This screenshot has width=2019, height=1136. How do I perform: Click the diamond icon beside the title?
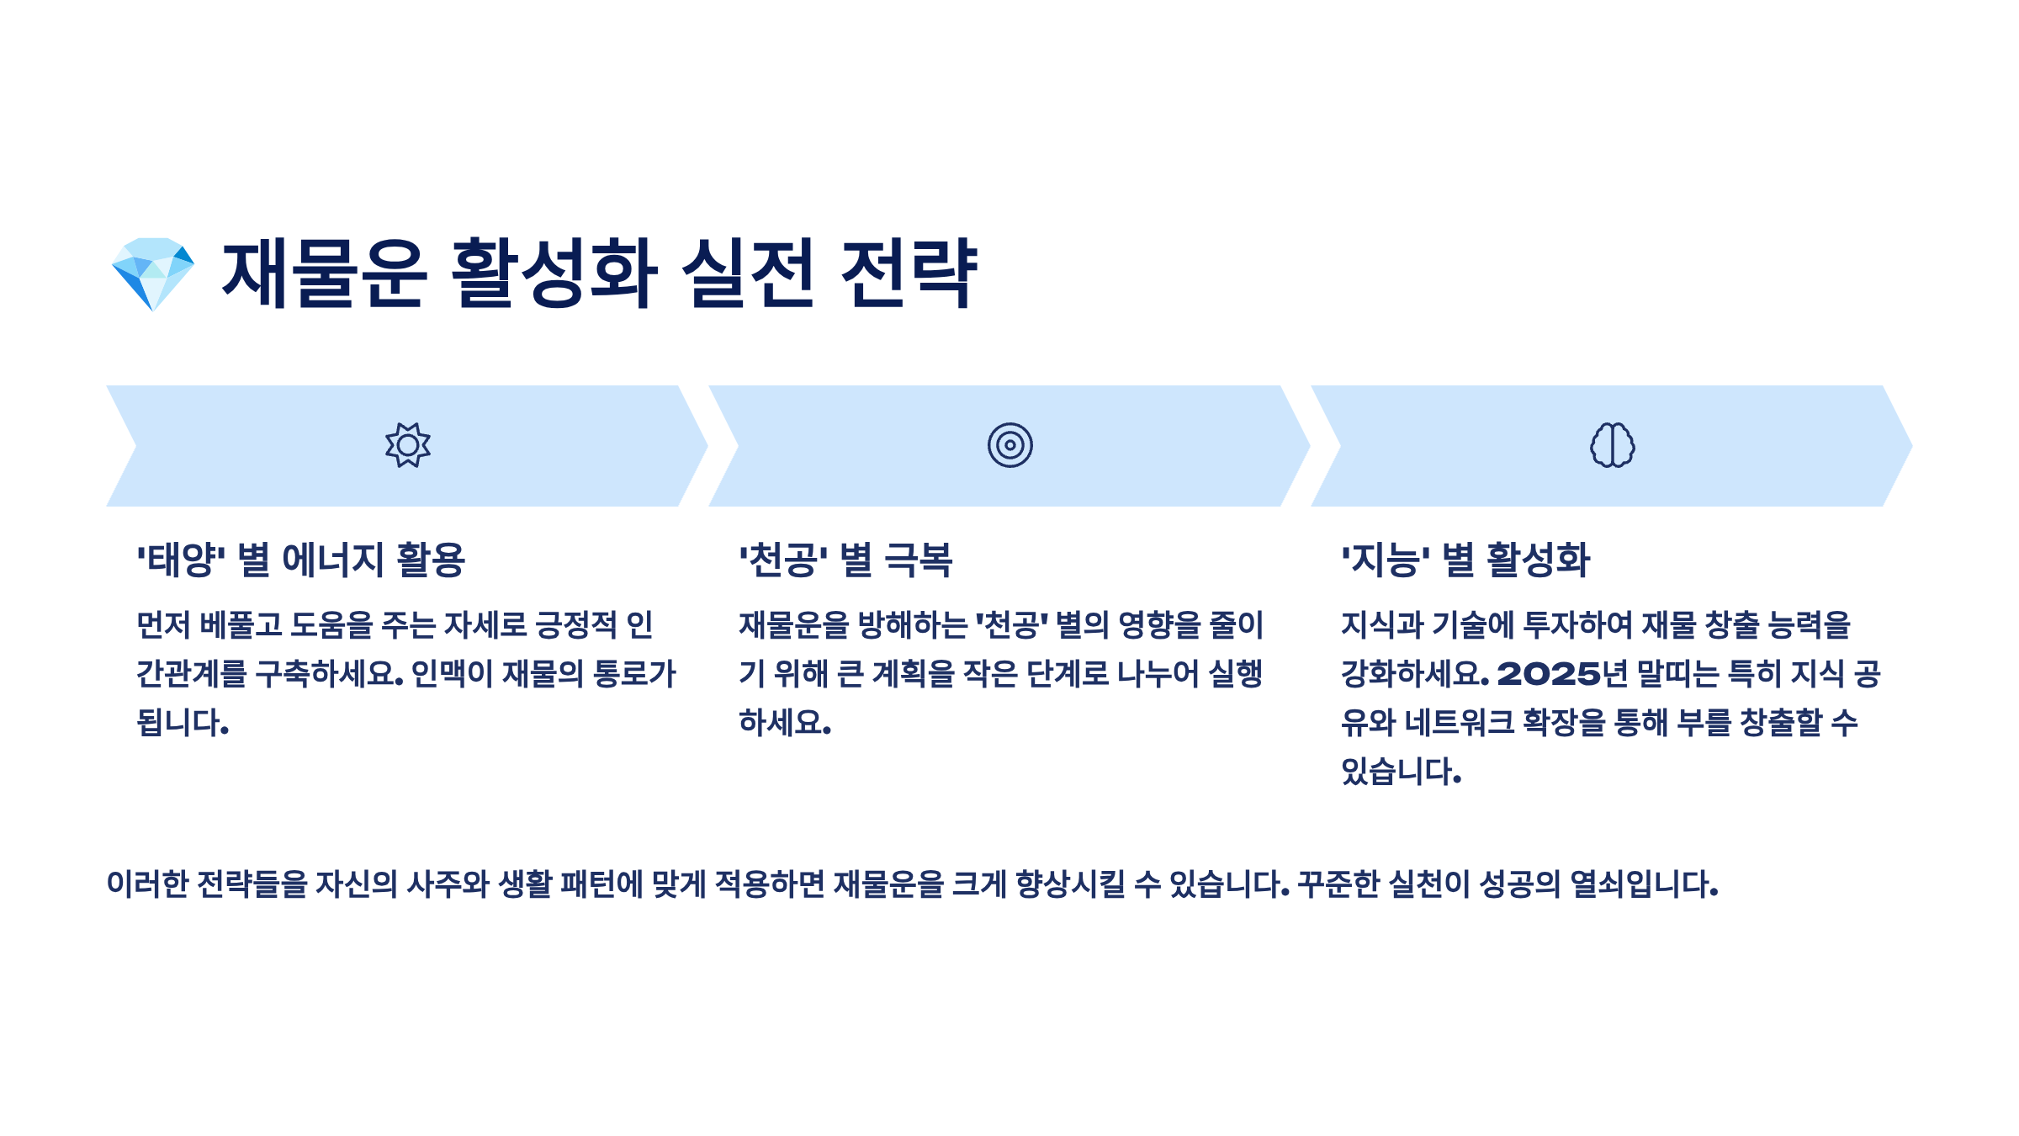pyautogui.click(x=153, y=273)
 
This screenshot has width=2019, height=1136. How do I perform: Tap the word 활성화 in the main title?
pyautogui.click(x=554, y=273)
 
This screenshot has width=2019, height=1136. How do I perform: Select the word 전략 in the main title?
pyautogui.click(x=909, y=273)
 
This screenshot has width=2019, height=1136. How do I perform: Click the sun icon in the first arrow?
pyautogui.click(x=408, y=445)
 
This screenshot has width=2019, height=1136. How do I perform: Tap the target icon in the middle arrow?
pyautogui.click(x=1010, y=445)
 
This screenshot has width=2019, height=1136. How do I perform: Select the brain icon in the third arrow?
pyautogui.click(x=1612, y=445)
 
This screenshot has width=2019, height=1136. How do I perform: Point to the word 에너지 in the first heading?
pyautogui.click(x=332, y=560)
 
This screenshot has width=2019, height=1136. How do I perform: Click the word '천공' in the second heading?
pyautogui.click(x=783, y=560)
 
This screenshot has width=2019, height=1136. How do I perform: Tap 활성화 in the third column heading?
pyautogui.click(x=1538, y=560)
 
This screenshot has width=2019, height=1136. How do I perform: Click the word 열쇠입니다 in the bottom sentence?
pyautogui.click(x=1642, y=884)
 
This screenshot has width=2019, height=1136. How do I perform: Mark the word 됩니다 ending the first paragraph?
pyautogui.click(x=182, y=723)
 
